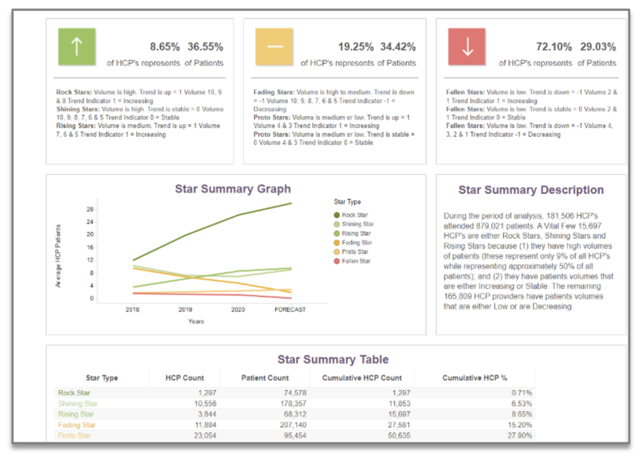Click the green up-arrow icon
[x=76, y=47]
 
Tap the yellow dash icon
[x=274, y=47]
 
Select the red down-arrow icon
[x=467, y=47]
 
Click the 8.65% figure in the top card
[x=165, y=47]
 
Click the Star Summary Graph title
[x=233, y=189]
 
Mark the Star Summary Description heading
[x=531, y=190]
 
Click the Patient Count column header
[x=265, y=378]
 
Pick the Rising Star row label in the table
[x=76, y=414]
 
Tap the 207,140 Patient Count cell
[x=290, y=425]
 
